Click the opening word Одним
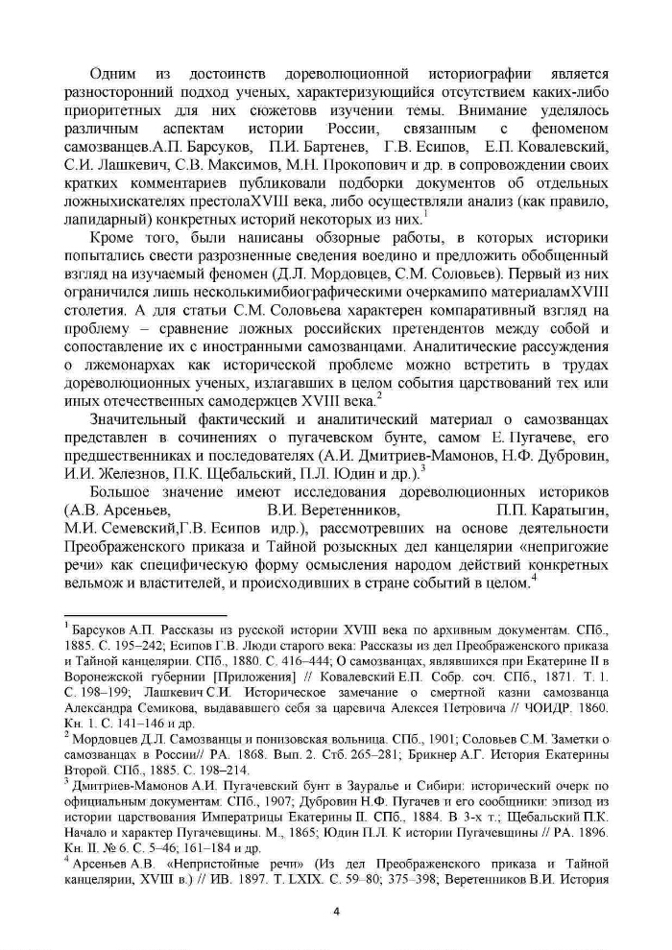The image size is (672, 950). pyautogui.click(x=113, y=74)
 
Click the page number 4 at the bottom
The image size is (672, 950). pyautogui.click(x=336, y=910)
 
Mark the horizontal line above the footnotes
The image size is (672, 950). pyautogui.click(x=144, y=615)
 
